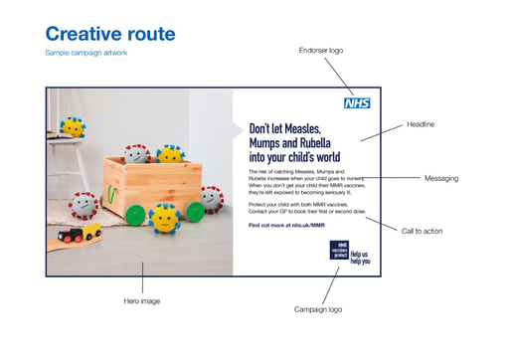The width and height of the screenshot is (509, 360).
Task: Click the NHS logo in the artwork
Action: click(x=356, y=102)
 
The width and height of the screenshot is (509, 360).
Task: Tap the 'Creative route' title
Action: click(x=110, y=34)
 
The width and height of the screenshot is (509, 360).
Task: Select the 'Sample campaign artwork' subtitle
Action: click(x=86, y=53)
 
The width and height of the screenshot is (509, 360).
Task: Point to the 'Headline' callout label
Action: click(x=421, y=124)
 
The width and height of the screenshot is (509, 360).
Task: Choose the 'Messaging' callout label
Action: click(x=441, y=178)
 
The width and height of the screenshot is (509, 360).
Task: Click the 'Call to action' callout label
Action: click(x=423, y=231)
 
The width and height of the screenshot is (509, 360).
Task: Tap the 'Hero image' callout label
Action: click(x=142, y=299)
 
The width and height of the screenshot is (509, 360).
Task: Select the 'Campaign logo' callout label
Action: click(x=318, y=309)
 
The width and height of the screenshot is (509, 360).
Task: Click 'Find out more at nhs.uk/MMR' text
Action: click(x=286, y=225)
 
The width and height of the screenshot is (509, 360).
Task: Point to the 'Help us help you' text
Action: click(x=359, y=258)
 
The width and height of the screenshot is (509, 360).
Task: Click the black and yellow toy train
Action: click(x=80, y=235)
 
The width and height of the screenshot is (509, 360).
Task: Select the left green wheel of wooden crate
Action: click(x=135, y=214)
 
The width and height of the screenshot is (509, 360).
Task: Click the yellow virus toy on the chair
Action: click(x=72, y=126)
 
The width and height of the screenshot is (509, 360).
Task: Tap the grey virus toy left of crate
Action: click(x=86, y=204)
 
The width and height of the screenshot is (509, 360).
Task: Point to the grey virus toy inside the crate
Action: click(x=137, y=154)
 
